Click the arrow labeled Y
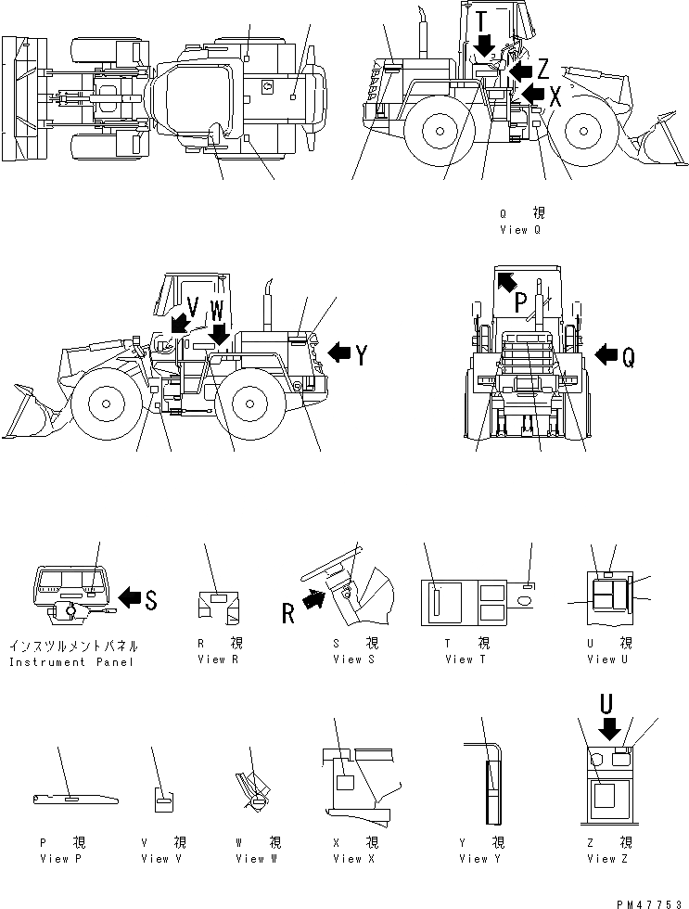[x=340, y=352]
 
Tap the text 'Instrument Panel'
[x=71, y=661]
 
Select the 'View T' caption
[x=472, y=659]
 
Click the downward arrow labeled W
[x=220, y=331]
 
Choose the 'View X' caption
[x=348, y=858]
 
